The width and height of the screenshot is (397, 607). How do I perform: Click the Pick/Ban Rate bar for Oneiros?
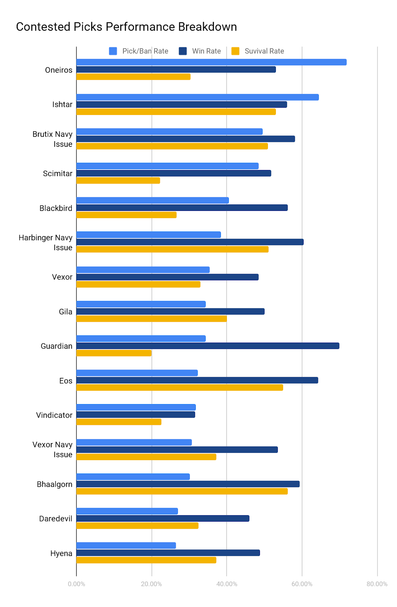(x=211, y=62)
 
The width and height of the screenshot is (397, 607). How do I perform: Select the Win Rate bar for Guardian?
(x=208, y=346)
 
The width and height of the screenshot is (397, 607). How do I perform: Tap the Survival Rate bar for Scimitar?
(x=118, y=181)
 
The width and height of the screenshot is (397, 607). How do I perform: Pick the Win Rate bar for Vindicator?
(x=135, y=415)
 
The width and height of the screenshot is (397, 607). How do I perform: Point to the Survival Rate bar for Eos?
(x=180, y=387)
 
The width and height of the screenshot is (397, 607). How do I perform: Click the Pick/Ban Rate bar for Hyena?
(x=126, y=546)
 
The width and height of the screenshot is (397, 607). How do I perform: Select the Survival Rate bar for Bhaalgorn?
(x=182, y=491)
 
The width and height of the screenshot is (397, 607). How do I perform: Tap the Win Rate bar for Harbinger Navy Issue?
(x=190, y=242)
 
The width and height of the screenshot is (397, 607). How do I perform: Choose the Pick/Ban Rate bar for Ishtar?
(x=197, y=97)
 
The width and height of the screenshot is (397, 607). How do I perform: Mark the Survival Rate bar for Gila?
(x=151, y=319)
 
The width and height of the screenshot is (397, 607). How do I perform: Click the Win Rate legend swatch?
(x=183, y=51)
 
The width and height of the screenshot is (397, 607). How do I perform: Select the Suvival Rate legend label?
(x=264, y=51)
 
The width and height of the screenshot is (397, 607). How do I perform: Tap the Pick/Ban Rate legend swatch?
(x=113, y=51)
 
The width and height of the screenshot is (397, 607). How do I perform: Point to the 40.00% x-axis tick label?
(x=227, y=584)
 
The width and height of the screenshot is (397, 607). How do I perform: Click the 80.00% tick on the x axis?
(x=377, y=584)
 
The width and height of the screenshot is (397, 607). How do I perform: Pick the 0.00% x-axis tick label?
(x=76, y=584)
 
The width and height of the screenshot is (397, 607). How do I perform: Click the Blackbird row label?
(x=56, y=208)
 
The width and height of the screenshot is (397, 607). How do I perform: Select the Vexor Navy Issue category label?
(x=52, y=450)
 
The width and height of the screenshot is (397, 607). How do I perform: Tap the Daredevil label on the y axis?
(x=56, y=519)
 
